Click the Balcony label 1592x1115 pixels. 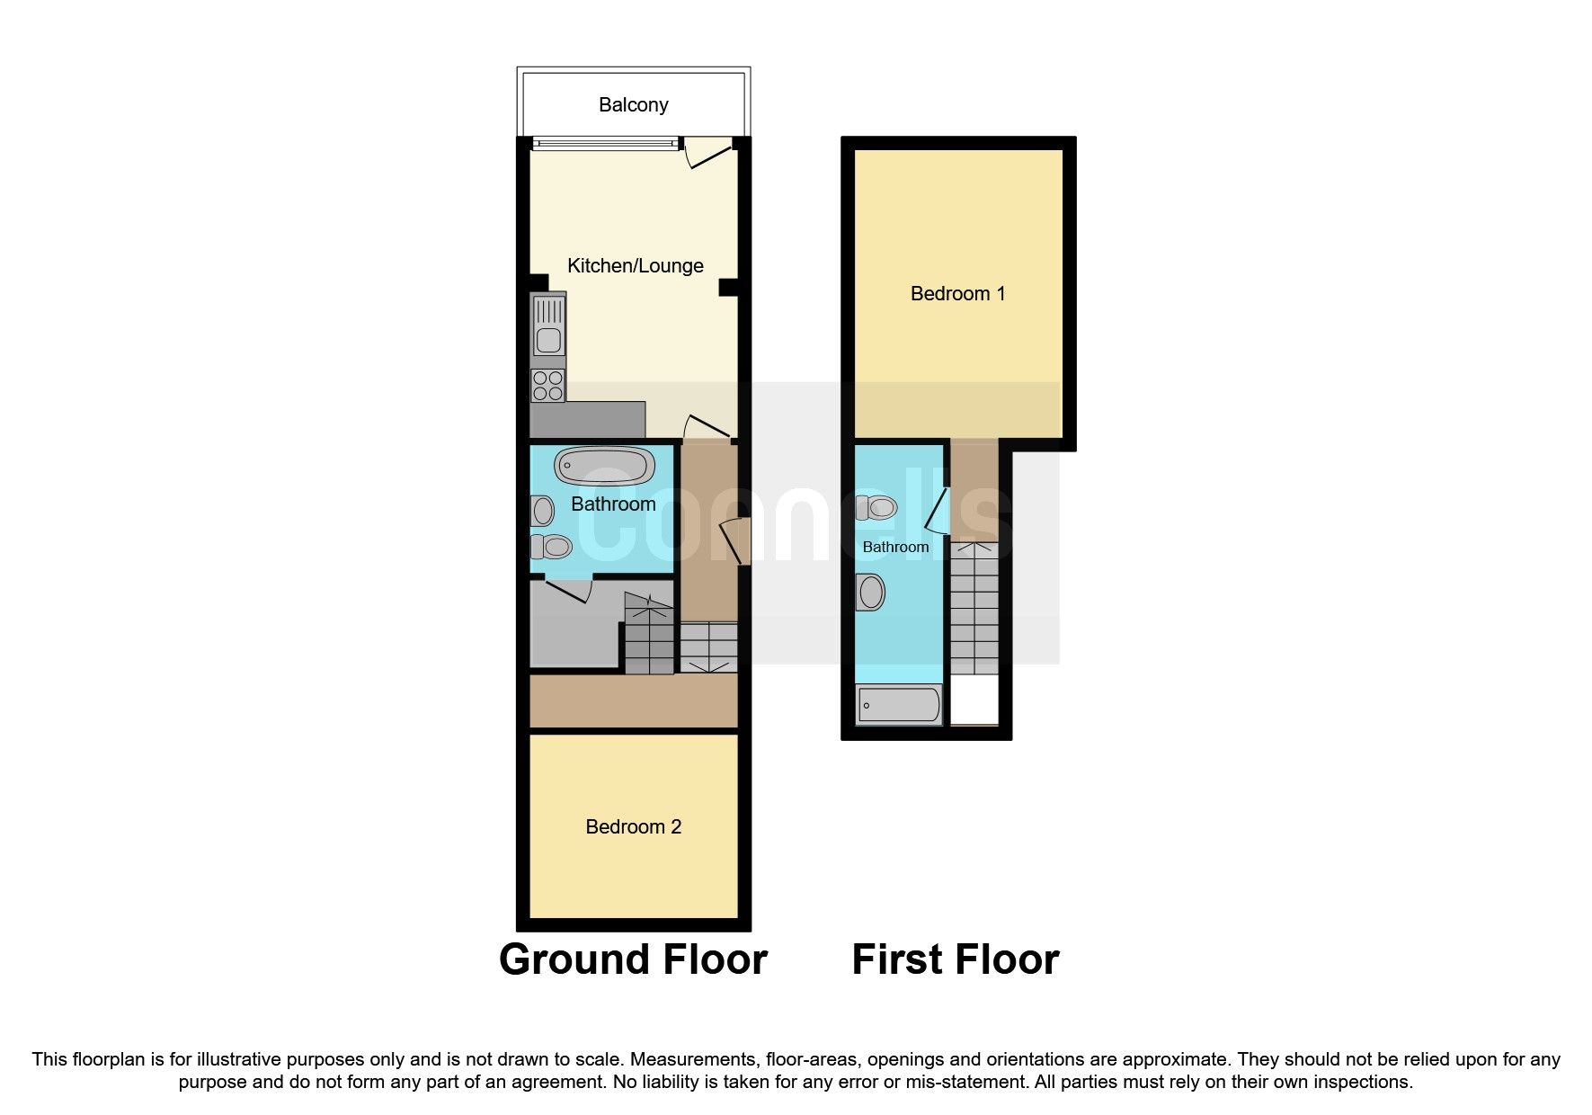click(633, 105)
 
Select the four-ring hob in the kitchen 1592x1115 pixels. click(547, 386)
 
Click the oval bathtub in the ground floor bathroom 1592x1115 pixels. click(604, 466)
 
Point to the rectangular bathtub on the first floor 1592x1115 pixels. click(899, 704)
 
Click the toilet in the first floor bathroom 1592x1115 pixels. click(876, 508)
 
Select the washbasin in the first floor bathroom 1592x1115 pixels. click(871, 593)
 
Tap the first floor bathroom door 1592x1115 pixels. click(937, 512)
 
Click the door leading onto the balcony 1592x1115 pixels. click(707, 154)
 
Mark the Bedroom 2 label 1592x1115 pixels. click(633, 826)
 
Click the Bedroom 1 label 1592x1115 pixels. click(957, 293)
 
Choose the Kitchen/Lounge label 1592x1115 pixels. click(635, 266)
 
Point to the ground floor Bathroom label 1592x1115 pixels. click(613, 504)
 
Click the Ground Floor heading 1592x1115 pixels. click(633, 959)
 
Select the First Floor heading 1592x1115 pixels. click(955, 959)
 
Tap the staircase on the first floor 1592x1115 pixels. click(974, 607)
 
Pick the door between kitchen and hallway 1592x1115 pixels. click(707, 427)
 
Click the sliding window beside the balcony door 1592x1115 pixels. click(604, 143)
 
